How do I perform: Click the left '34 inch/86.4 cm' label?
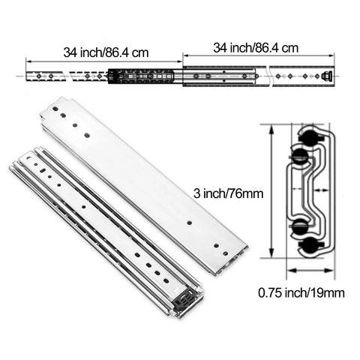point(106,52)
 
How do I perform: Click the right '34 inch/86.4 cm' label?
point(256,47)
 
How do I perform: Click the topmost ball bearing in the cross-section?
point(309,136)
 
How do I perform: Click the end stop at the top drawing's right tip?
point(327,76)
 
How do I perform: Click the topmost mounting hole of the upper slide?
point(58,109)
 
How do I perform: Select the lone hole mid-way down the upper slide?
point(190,223)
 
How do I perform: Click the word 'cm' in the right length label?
point(290,47)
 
